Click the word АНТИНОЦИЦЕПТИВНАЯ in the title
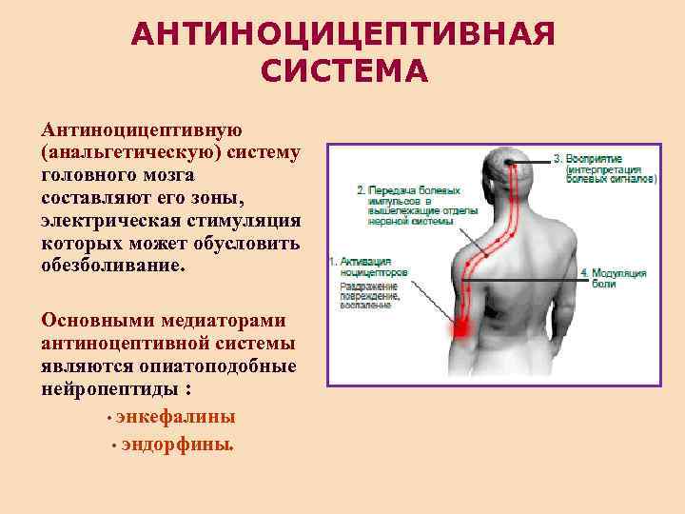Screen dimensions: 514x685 (x=342, y=35)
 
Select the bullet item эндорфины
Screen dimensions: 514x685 (x=177, y=445)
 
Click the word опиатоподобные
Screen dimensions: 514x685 (x=219, y=366)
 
